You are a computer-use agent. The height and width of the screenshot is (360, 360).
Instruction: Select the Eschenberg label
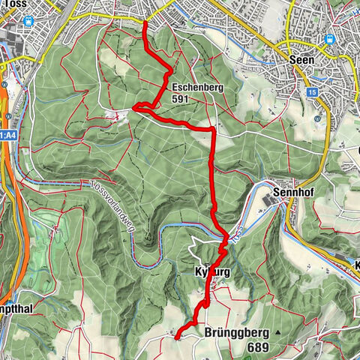point(196,86)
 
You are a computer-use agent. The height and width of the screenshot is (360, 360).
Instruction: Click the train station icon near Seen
point(328,40)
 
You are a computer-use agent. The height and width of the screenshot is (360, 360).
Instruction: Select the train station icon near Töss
point(28,21)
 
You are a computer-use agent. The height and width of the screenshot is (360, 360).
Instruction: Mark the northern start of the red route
point(145,22)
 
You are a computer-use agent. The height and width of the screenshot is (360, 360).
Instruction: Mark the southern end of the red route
point(177,337)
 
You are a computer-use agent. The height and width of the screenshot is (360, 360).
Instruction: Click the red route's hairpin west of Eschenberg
point(135,109)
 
